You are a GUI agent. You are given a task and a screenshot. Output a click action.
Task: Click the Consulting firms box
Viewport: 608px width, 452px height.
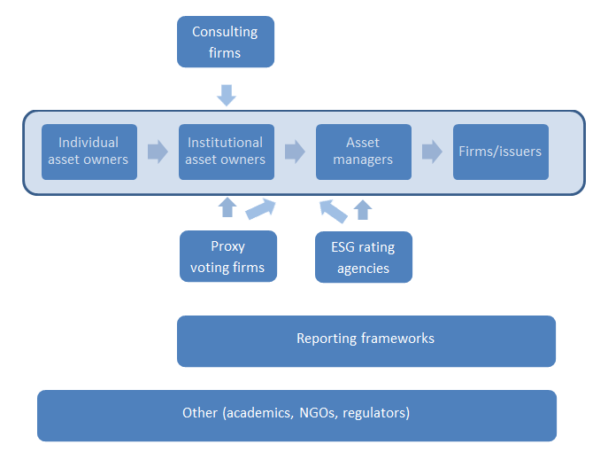226,42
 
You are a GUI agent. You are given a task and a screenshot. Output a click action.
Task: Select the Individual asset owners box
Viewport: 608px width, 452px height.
89,152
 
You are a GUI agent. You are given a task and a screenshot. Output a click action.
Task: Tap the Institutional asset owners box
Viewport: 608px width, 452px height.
227,152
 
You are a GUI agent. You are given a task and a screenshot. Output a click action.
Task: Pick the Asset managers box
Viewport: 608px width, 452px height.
364,152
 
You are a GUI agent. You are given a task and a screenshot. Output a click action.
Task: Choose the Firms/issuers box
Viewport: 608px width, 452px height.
501,152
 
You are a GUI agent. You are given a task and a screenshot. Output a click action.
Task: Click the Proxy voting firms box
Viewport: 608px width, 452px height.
228,256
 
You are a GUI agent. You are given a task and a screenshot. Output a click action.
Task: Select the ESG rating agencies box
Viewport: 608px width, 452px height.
364,257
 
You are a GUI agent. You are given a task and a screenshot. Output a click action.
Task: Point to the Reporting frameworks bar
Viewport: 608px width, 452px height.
366,341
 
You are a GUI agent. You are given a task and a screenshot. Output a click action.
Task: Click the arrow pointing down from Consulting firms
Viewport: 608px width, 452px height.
227,95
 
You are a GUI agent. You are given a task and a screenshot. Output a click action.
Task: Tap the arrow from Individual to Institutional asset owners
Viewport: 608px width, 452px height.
158,152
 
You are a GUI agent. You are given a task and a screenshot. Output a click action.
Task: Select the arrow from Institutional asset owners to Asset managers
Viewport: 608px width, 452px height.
295,152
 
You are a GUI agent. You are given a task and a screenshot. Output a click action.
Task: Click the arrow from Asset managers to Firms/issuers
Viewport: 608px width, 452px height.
432,152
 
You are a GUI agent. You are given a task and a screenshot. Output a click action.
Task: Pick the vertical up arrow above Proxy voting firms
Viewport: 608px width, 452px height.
227,207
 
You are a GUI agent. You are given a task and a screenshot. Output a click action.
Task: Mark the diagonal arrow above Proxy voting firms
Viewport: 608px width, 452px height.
260,209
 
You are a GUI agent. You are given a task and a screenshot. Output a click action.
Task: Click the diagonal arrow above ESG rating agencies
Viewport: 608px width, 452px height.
334,212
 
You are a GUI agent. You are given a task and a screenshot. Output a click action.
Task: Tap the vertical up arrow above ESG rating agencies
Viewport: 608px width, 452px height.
363,210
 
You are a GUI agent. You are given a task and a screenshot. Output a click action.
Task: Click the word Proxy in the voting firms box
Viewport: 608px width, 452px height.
228,246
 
